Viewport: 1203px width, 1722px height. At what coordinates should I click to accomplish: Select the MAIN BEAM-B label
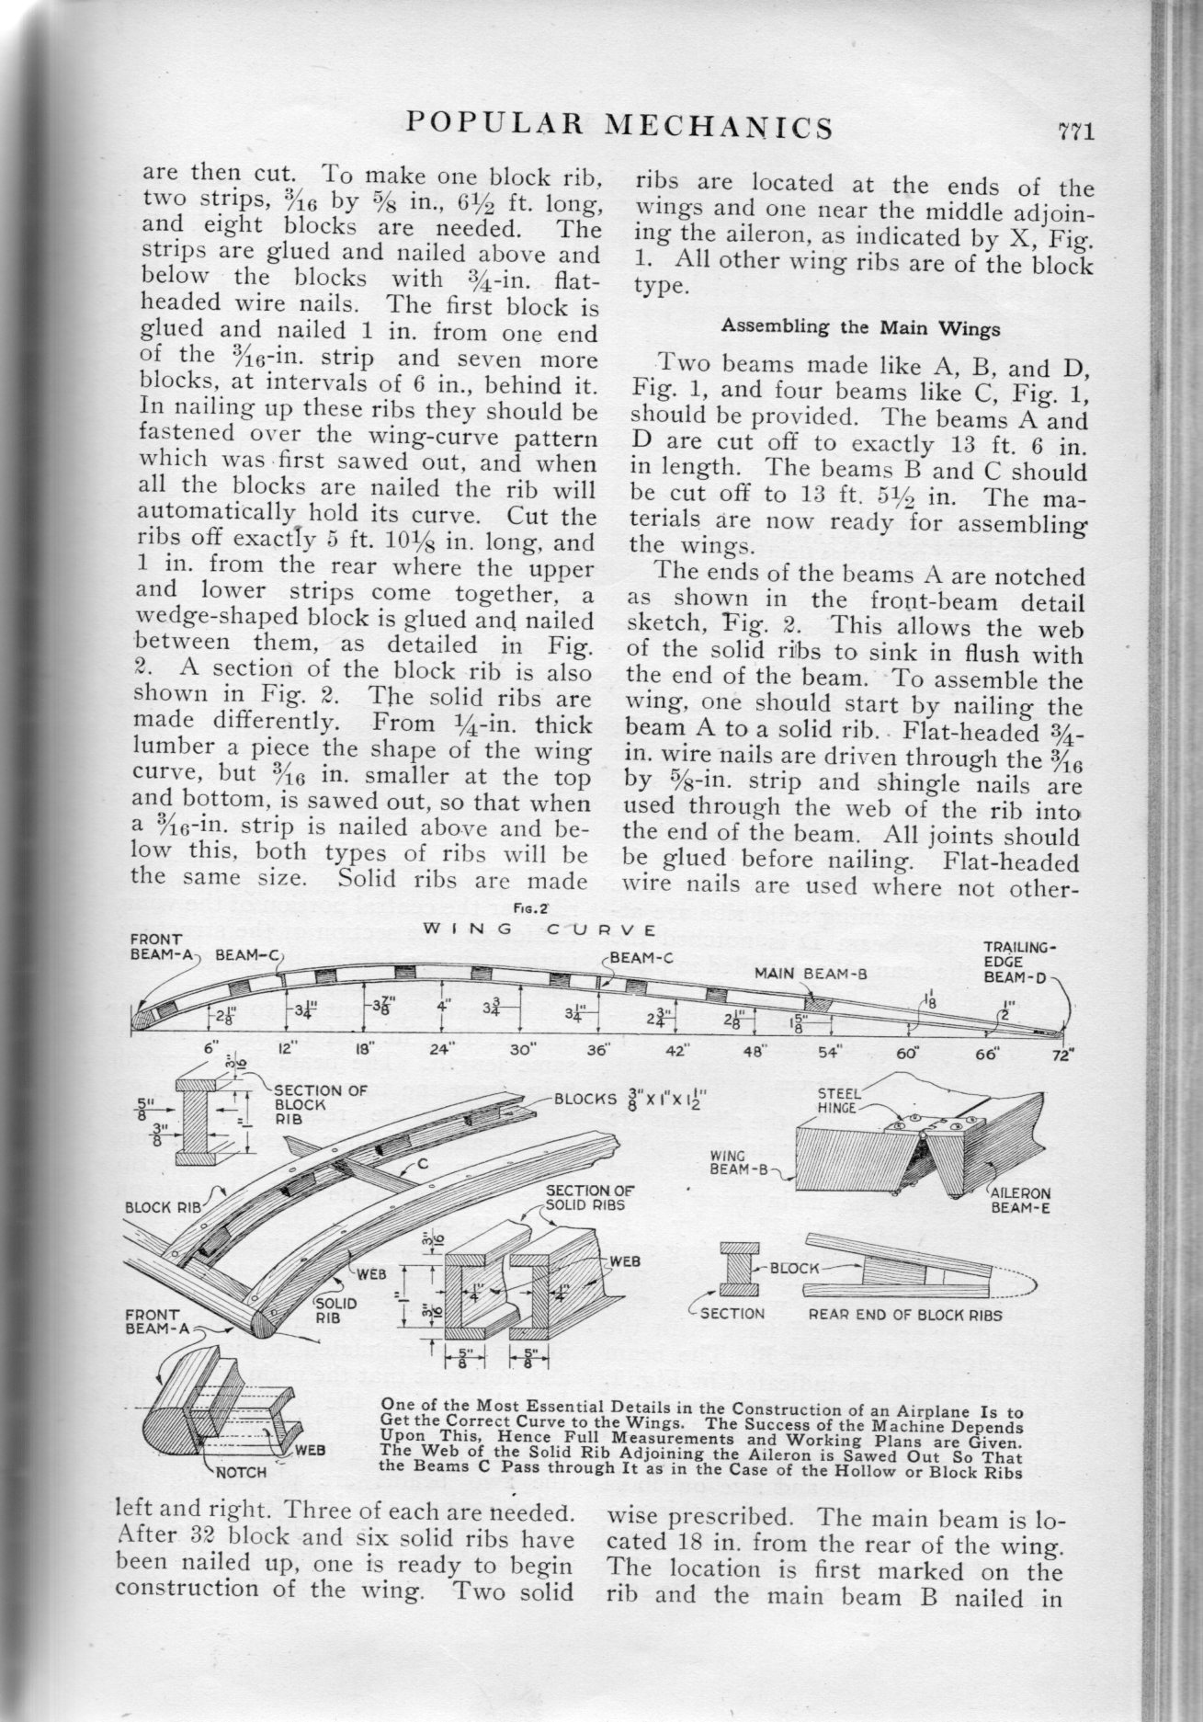coord(811,973)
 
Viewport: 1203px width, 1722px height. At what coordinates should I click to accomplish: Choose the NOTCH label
coord(243,1472)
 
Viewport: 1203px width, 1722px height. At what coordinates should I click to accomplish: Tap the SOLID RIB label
coord(336,1311)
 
